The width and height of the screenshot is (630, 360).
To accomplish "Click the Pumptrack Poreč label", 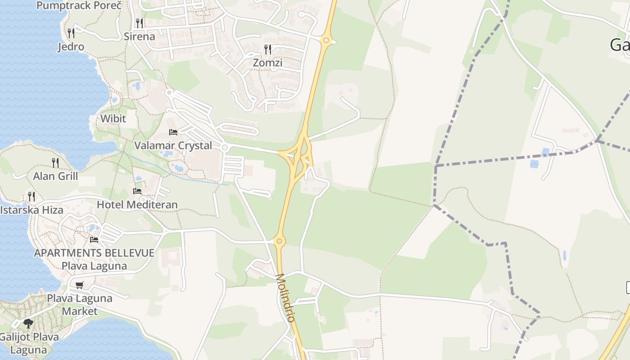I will click(x=79, y=5).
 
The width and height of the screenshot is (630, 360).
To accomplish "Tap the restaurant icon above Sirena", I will click(x=139, y=22).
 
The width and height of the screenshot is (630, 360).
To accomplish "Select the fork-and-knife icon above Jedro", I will click(x=71, y=33).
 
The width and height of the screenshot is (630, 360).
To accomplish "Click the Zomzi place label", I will click(x=267, y=63).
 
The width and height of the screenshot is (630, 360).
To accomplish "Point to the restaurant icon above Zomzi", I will click(x=268, y=49).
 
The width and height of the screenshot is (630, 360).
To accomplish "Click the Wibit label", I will click(x=113, y=118).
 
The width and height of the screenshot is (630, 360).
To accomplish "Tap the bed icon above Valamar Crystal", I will click(x=173, y=132).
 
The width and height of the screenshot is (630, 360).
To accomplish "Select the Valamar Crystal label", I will click(x=173, y=145).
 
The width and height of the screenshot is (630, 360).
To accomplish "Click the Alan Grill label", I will click(x=55, y=176).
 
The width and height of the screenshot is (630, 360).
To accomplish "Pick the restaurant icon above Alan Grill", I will click(x=55, y=162).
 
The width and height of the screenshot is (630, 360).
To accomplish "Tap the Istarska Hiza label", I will click(x=31, y=210).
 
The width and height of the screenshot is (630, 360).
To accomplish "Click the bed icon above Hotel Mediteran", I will click(x=137, y=191).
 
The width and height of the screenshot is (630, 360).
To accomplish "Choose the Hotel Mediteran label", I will click(x=137, y=204).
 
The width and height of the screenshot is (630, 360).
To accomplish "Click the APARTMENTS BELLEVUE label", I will click(x=94, y=252).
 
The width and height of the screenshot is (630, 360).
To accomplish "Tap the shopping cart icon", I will click(x=80, y=285).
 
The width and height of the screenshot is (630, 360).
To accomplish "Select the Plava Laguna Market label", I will click(x=80, y=304).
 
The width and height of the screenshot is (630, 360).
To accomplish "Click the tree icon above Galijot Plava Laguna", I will click(x=28, y=323).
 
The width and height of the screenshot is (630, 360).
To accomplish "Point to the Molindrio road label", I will click(x=285, y=297).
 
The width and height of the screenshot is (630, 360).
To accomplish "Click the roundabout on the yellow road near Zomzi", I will click(x=326, y=40).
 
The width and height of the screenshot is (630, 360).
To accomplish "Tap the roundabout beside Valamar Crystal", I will click(x=225, y=147).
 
